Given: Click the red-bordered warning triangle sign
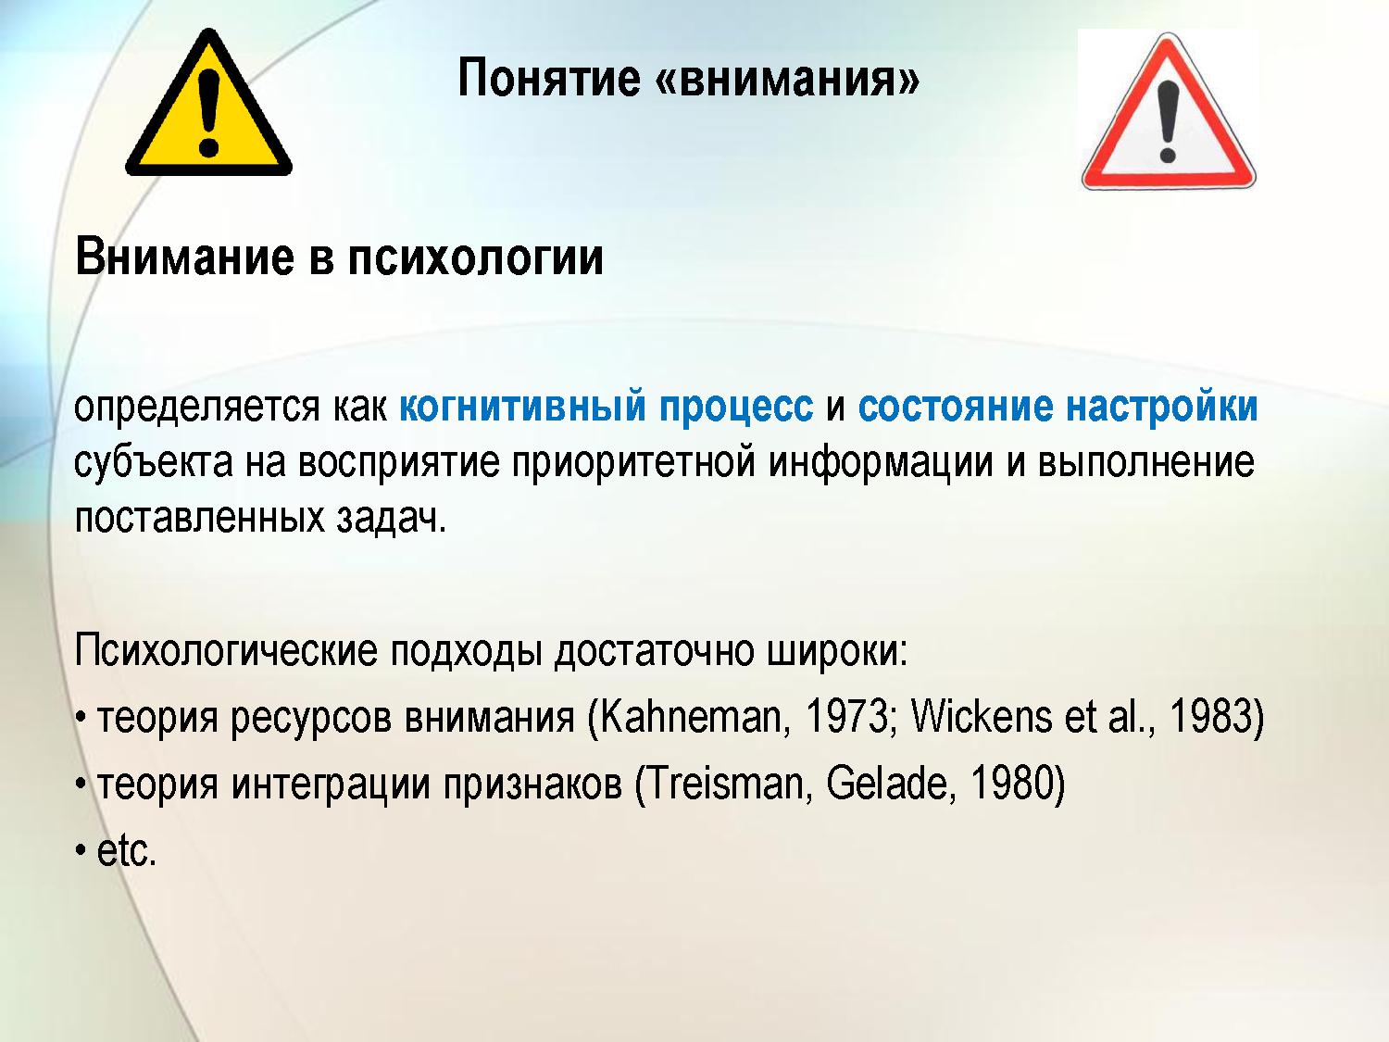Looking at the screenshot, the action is [1169, 111].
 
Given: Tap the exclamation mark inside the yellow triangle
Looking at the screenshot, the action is [208, 113].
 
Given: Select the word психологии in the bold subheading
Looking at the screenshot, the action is [475, 258].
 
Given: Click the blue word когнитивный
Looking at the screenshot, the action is [522, 407].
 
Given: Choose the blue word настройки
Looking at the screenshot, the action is [1162, 407].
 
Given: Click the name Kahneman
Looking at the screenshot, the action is [691, 718].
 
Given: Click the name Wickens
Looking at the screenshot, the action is [981, 718].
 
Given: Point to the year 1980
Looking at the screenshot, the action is [1011, 784].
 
